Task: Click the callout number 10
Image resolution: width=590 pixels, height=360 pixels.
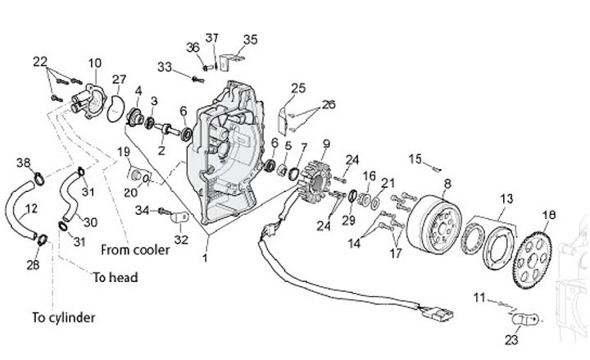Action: click(x=94, y=63)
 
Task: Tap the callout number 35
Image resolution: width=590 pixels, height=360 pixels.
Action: click(x=250, y=39)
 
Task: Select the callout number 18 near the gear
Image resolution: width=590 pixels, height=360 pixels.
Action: click(x=549, y=215)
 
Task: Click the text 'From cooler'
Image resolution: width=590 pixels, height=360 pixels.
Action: click(x=135, y=249)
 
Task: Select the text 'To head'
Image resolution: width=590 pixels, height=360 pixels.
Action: click(x=115, y=277)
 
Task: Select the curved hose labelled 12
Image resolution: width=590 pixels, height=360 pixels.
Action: click(x=22, y=215)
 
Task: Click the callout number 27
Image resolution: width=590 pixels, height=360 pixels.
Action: click(x=120, y=80)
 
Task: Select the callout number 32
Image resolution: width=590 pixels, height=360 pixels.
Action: click(x=181, y=240)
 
